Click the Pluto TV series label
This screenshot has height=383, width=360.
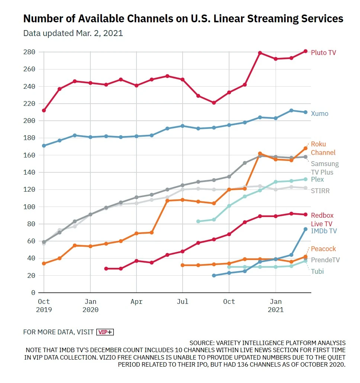tap(323, 53)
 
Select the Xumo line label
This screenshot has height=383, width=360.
tap(319, 114)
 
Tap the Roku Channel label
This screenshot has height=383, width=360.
tap(323, 148)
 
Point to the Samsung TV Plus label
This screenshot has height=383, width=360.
tap(324, 168)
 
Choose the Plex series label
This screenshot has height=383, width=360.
tap(317, 179)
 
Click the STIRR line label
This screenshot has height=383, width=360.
tap(320, 191)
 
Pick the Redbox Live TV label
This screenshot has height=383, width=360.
tap(322, 220)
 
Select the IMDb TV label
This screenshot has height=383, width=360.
tap(324, 231)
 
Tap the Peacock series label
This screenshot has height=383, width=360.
tap(323, 249)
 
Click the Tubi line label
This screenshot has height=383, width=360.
tap(317, 272)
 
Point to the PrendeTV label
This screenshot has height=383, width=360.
tap(325, 260)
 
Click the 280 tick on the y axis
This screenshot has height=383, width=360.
tap(29, 52)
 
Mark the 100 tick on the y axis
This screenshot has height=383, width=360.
tap(29, 207)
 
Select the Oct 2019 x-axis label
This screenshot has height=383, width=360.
tap(44, 305)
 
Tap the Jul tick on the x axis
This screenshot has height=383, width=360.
tap(183, 302)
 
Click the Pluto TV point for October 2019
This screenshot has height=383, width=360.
tap(44, 110)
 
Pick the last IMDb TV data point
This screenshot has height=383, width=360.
tap(305, 229)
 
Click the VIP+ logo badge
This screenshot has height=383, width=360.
tap(105, 332)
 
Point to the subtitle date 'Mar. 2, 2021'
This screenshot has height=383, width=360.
tap(99, 33)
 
